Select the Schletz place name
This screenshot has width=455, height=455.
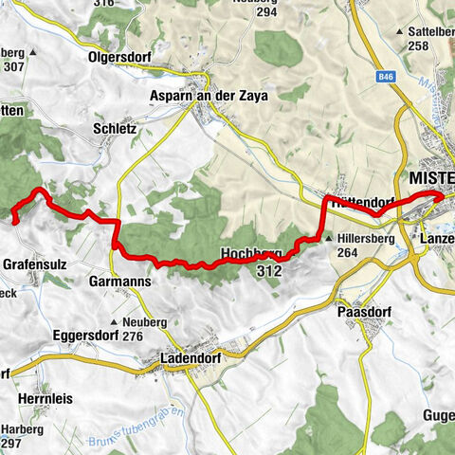tap(115, 127)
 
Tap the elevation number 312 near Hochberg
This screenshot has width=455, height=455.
tap(268, 271)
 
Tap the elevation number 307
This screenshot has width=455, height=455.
tap(15, 67)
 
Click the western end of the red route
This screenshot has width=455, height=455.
tap(15, 220)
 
